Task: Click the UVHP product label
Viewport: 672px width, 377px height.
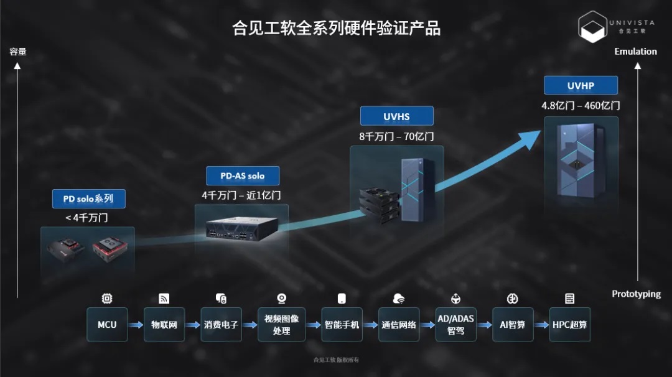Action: tap(581, 86)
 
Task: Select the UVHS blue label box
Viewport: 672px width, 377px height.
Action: tap(396, 116)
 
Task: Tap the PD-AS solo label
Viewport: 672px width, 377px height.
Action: tap(243, 176)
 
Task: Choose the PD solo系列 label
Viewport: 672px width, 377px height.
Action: tap(88, 199)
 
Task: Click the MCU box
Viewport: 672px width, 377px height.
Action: tap(107, 324)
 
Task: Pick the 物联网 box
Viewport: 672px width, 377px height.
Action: tap(164, 324)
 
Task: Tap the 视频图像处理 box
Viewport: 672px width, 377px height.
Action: tap(281, 324)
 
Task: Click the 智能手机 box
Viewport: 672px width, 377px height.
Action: tap(342, 324)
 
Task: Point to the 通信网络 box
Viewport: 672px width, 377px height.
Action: tap(399, 324)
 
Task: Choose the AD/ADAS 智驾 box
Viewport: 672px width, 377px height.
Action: tap(455, 324)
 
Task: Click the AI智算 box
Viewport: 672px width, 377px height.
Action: tap(513, 324)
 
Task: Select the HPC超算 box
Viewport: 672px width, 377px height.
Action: tap(570, 324)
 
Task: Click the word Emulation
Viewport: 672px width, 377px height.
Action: tap(635, 52)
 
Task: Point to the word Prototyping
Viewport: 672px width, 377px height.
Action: tap(636, 294)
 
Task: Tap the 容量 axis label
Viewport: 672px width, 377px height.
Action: tap(18, 52)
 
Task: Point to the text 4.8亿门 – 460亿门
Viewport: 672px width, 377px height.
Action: tap(581, 106)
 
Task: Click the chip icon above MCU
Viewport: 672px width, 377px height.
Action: tap(107, 299)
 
